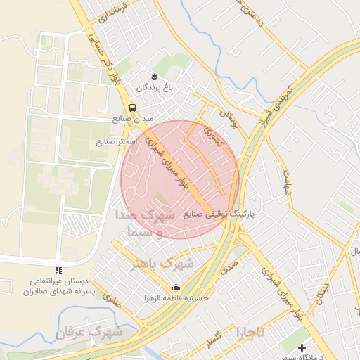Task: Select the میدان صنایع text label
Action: coord(131,119)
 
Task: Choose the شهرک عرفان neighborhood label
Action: coord(91,330)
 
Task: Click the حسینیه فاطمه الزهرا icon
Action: coord(176,287)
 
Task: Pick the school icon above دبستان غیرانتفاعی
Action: coord(58,270)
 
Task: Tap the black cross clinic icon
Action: coord(302,347)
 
